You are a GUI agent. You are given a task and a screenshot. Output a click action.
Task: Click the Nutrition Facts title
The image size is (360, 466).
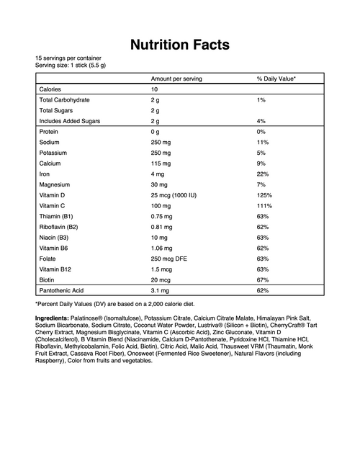pos(180,45)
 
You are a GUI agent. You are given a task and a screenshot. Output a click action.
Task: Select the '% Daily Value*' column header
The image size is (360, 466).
pos(276,78)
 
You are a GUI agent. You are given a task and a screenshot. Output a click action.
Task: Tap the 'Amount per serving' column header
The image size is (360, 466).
pos(176,78)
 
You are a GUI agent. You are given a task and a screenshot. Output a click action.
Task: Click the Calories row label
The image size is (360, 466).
pos(50,89)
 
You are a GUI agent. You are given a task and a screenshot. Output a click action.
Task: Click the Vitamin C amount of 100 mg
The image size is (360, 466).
pos(161,206)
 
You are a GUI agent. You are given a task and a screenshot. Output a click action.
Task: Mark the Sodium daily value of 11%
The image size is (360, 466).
pos(262,143)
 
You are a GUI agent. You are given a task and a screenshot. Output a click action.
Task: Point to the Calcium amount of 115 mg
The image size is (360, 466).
pos(161,163)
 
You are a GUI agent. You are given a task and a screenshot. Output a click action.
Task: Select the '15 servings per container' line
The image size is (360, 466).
pos(68,58)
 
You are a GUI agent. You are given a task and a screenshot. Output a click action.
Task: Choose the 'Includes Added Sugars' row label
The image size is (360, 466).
pos(69,121)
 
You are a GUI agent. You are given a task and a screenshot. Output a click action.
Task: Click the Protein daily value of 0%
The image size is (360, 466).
pos(261,132)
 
